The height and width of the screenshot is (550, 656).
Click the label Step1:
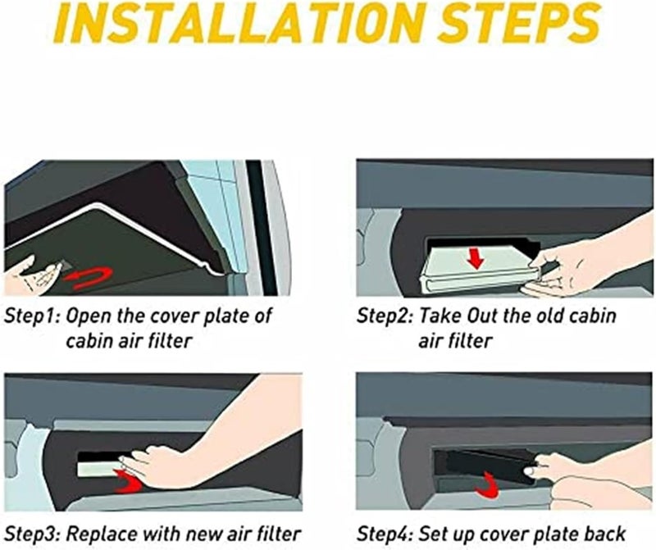pyautogui.click(x=32, y=316)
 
